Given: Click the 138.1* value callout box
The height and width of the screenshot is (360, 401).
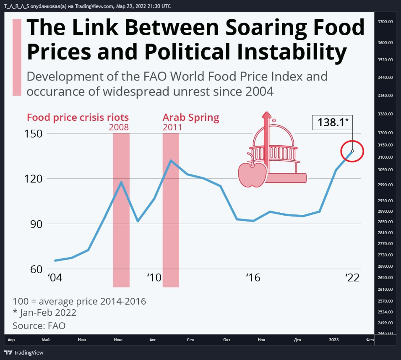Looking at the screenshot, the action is tap(332, 122).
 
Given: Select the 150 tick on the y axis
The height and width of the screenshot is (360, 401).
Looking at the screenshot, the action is tap(33, 133).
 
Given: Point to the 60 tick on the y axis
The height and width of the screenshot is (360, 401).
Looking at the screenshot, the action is tap(36, 269).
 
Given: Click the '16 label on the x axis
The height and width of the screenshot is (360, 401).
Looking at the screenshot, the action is tap(253, 278).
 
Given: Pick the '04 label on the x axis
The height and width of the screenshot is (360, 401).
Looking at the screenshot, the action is tap(55, 278).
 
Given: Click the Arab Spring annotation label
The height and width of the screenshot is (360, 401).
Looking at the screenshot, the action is tap(191, 117).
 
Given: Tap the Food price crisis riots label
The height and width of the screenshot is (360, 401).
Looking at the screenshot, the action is tap(78, 117).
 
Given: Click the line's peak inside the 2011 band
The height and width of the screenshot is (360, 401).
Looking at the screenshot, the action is tap(171, 160).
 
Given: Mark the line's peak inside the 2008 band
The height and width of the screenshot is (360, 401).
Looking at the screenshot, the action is tap(121, 182).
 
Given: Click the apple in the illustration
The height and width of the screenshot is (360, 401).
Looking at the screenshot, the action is tap(253, 174).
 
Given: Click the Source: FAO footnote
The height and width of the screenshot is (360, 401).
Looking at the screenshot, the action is tap(39, 326).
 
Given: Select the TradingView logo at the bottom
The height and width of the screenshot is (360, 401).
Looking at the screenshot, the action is tap(24, 352).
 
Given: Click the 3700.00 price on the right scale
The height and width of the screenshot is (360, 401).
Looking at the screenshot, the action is tap(385, 22).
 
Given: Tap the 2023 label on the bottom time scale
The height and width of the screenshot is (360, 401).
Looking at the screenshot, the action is tap(334, 340).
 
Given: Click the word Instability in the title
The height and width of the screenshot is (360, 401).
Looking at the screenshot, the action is tap(292, 52).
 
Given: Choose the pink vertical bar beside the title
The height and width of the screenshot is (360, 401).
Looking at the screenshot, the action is tap(17, 57).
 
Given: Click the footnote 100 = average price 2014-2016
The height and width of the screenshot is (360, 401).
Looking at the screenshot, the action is tap(79, 301).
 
